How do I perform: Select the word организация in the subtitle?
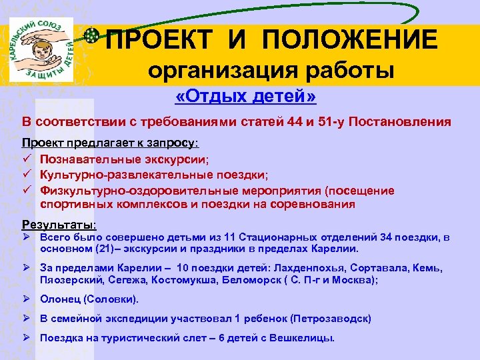pyautogui.click(x=217, y=71)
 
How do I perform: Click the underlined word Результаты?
pyautogui.click(x=59, y=224)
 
